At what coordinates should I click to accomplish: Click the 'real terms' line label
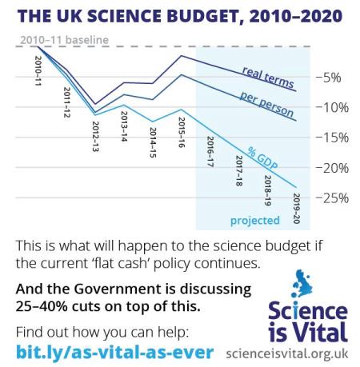click(268, 78)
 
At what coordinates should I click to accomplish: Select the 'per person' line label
click(266, 104)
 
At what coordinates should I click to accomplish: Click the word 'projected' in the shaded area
click(255, 221)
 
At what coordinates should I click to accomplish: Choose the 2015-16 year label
click(182, 131)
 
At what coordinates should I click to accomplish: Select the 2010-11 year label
click(39, 69)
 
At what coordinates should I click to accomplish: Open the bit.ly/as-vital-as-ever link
click(115, 353)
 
